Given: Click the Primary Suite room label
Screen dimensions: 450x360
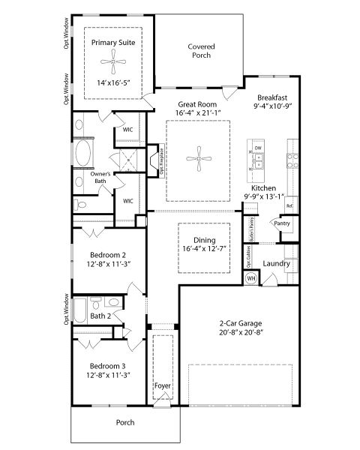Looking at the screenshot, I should [x=113, y=43].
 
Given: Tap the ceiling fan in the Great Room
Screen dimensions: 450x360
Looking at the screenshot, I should [x=198, y=154].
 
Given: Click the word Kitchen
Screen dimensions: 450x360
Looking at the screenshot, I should [x=265, y=187].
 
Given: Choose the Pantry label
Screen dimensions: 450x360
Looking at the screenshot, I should [x=282, y=223].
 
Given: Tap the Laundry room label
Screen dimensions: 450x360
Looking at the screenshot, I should [x=276, y=264].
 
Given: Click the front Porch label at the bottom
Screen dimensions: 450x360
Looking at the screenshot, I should [x=125, y=422].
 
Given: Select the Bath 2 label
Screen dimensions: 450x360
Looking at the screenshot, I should [x=100, y=316].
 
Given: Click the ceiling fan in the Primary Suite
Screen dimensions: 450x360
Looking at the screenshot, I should [x=113, y=62].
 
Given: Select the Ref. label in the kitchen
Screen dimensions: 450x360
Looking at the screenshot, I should [x=289, y=204].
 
